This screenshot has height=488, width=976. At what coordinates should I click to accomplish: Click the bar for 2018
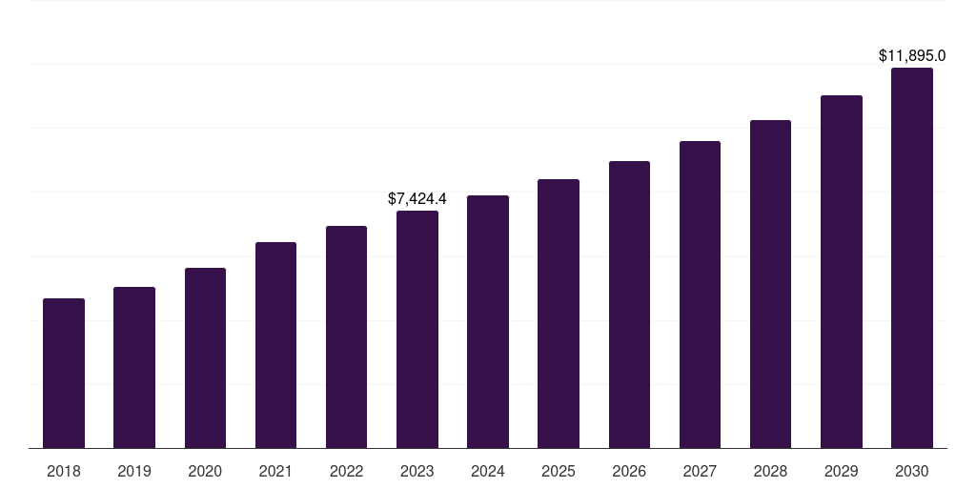64,373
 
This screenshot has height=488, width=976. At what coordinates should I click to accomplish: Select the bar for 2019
134,367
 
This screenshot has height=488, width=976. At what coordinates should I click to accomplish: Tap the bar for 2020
205,357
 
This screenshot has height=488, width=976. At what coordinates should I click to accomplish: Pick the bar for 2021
275,345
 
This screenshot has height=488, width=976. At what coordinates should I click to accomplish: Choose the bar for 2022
346,336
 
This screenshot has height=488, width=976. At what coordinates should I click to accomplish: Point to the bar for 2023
417,329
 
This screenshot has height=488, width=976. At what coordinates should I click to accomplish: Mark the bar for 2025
559,314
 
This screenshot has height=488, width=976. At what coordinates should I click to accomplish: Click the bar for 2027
700,295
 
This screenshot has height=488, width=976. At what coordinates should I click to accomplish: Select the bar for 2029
842,272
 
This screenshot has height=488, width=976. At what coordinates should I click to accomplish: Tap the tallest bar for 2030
912,257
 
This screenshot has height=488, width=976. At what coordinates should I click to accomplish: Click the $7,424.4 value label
417,199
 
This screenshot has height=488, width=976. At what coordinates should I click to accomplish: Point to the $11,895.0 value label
912,56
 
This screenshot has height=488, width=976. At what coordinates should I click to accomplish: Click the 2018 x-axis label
64,471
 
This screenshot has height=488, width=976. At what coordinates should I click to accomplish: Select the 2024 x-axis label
488,471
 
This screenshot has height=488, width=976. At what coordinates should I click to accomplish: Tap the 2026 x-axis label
629,471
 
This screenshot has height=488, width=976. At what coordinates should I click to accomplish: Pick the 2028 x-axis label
770,471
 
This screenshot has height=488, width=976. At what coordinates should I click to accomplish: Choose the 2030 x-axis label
912,471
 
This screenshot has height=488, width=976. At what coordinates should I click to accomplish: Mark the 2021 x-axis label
275,471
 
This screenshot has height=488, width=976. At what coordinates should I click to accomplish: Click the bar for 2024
488,321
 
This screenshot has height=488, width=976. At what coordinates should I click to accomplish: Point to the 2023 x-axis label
417,471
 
